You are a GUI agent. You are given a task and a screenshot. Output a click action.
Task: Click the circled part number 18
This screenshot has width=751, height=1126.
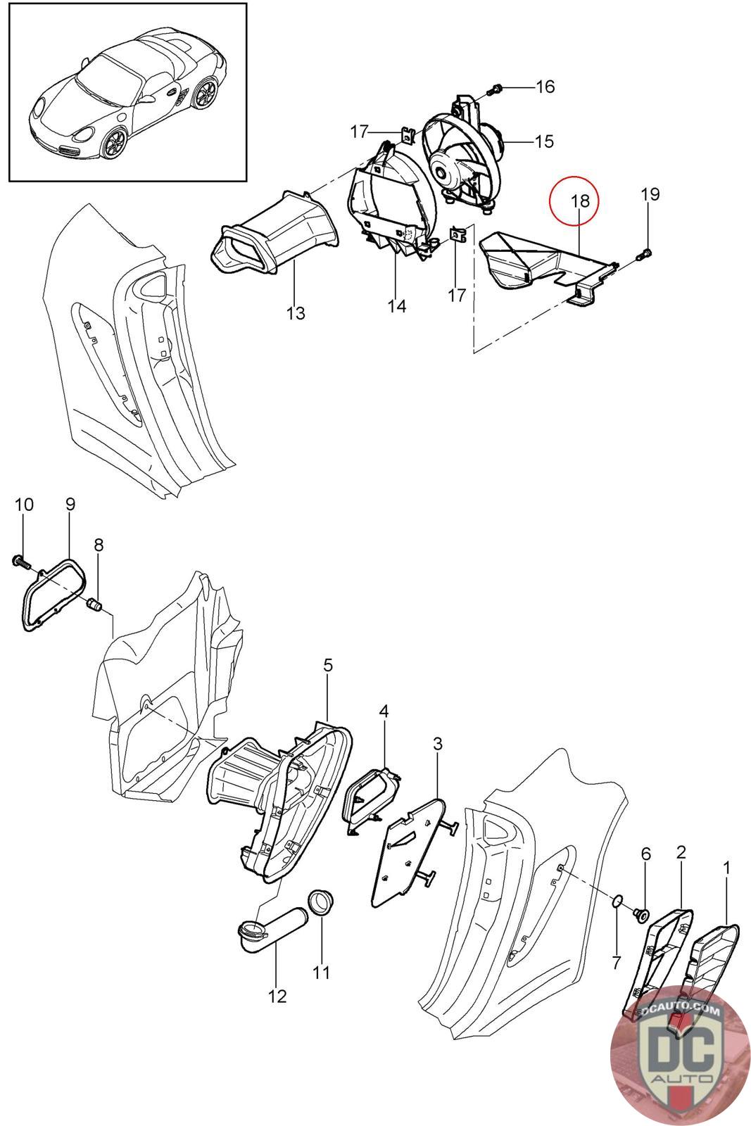(x=579, y=201)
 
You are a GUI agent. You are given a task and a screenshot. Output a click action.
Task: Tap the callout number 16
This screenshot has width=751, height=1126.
(x=545, y=87)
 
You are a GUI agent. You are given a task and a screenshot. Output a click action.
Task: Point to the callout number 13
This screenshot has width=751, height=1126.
(x=296, y=312)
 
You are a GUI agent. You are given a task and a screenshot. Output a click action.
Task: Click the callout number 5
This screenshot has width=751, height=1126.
(x=328, y=665)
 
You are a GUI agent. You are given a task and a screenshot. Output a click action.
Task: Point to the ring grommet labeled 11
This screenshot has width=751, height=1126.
(x=322, y=902)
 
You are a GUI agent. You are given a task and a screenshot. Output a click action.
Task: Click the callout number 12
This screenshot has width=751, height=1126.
(x=277, y=997)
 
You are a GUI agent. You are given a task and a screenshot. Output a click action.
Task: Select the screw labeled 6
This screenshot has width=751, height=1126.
(x=641, y=915)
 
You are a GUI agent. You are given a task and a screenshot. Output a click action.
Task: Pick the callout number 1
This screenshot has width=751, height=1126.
(x=726, y=869)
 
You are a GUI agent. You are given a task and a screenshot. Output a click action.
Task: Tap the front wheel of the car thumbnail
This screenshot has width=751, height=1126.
(x=113, y=144)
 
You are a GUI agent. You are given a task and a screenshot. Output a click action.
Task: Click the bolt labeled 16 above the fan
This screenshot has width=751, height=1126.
(x=496, y=89)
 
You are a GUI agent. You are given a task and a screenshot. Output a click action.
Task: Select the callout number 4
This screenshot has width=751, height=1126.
(x=384, y=711)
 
